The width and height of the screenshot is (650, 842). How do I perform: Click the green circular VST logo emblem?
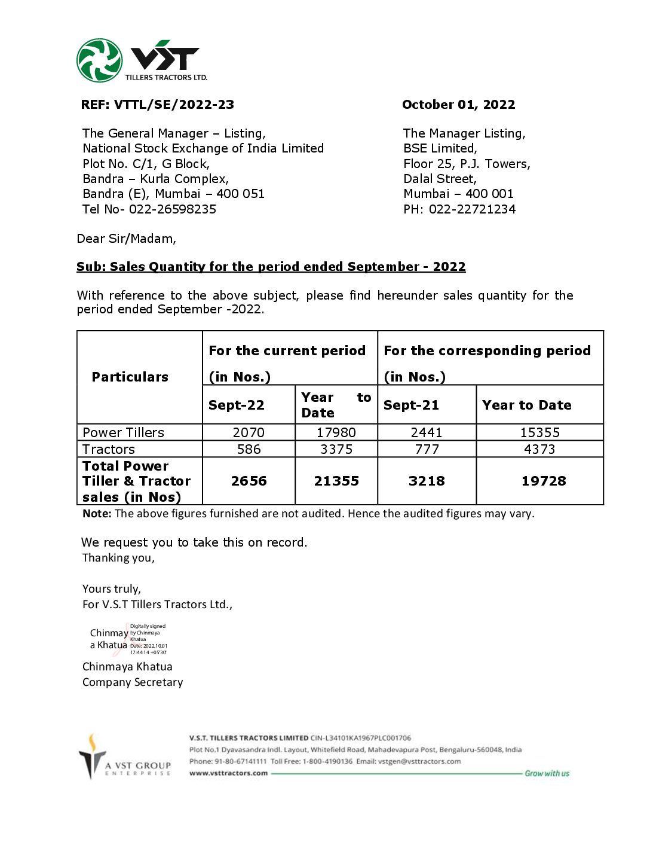(99, 60)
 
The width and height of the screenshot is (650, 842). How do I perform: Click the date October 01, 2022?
(458, 105)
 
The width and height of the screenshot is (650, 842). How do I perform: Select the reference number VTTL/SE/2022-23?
(174, 105)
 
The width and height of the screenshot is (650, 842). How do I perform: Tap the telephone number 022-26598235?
(173, 209)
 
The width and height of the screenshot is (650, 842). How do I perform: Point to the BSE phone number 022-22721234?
(472, 209)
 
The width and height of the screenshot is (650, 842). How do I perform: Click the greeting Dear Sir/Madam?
(127, 239)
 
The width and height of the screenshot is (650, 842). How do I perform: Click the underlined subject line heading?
(271, 267)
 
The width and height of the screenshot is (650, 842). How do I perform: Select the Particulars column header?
(130, 377)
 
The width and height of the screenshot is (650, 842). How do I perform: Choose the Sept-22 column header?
(236, 405)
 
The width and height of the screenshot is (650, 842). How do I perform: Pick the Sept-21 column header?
(411, 405)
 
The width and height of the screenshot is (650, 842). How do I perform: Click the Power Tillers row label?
(123, 432)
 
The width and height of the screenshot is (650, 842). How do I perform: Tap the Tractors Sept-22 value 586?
(249, 449)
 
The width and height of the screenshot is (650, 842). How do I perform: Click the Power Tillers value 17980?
(336, 432)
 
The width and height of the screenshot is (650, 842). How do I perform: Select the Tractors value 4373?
(539, 449)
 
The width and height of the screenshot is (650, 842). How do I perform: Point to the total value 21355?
(336, 481)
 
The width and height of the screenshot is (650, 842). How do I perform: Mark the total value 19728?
(544, 481)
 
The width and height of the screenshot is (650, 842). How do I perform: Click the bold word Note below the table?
(97, 514)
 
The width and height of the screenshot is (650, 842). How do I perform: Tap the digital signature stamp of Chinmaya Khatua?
(128, 640)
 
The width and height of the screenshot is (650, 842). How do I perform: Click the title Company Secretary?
(133, 682)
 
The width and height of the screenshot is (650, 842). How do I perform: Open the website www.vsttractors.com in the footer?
(228, 773)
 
